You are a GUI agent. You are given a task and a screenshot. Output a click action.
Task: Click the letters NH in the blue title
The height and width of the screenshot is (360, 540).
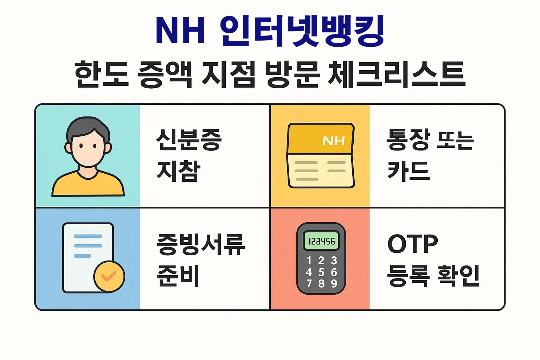pos(180,31)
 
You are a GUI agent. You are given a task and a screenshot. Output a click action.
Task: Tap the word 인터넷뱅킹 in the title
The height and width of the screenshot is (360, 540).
pos(302,31)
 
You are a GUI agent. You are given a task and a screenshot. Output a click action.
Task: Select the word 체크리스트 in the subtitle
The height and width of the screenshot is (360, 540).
pos(397,74)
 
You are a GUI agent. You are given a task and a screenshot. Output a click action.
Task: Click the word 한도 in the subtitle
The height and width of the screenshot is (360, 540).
pos(102,74)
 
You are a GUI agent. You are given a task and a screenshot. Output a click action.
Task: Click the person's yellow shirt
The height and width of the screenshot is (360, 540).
pos(88,185)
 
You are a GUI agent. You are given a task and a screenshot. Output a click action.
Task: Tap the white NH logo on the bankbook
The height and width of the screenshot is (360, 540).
pos(334,141)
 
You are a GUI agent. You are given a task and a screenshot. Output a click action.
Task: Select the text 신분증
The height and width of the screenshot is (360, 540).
pos(189,140)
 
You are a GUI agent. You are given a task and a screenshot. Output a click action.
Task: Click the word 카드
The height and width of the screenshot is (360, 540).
pos(409,171)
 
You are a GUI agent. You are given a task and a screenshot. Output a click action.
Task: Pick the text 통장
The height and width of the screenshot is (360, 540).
pos(408,140)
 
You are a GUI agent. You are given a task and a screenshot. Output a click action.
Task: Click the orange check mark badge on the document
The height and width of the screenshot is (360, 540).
pos(109,276)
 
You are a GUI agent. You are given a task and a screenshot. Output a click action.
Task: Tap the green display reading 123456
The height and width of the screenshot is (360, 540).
pos(321,241)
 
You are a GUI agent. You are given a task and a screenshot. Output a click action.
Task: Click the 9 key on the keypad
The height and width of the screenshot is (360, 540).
pos(334,283)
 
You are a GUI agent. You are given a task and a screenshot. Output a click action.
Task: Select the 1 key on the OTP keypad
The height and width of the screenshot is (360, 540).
pos(309,261)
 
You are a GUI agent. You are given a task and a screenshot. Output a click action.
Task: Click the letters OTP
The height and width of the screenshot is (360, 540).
pos(413,244)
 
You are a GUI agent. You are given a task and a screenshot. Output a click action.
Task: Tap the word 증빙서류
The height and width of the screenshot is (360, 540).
pos(201,244)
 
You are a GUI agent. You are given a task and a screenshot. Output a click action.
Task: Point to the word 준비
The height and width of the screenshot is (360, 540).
pos(178,276)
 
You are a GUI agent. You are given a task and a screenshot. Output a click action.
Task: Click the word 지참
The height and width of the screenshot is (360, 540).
pos(178,171)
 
